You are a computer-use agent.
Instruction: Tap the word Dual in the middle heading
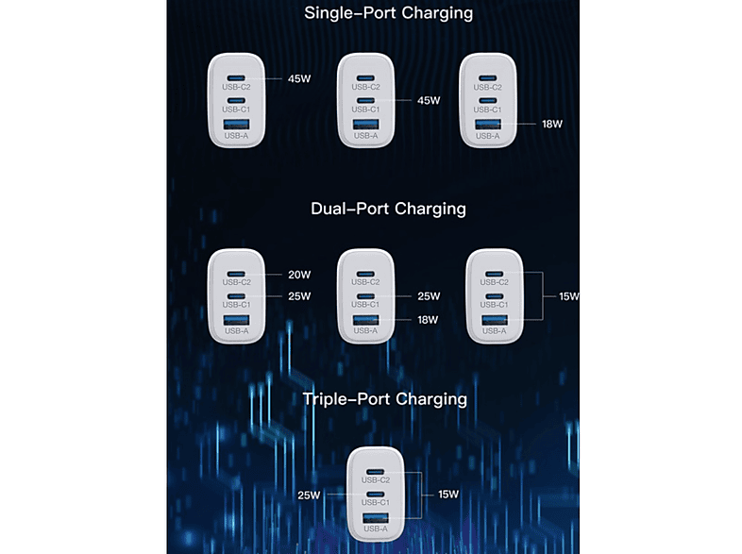tap(329, 209)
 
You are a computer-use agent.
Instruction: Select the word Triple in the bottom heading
tap(325, 400)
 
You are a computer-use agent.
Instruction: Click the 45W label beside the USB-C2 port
tap(299, 79)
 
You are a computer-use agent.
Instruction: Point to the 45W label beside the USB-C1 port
tap(429, 101)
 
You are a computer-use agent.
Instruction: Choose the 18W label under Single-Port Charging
tap(552, 125)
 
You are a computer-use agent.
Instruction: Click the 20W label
tap(299, 275)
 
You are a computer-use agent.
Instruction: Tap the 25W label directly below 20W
tap(299, 296)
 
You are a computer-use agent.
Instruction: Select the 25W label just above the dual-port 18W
tap(429, 296)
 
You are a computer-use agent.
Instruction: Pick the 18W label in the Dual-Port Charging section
tap(428, 320)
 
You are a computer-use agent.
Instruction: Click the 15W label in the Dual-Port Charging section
tap(569, 296)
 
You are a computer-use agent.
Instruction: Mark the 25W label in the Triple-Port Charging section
tap(309, 495)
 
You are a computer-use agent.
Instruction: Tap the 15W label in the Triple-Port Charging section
tap(448, 495)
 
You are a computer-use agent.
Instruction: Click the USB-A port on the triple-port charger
tap(376, 518)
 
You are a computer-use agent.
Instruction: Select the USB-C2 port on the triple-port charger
tap(376, 472)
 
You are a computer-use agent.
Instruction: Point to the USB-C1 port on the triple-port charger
tap(376, 495)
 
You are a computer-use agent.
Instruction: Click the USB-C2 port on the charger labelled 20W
tap(236, 274)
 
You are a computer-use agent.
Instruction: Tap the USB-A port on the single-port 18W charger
tap(488, 125)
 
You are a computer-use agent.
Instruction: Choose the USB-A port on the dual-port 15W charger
tap(495, 320)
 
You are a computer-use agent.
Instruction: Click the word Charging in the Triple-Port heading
tap(431, 400)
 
